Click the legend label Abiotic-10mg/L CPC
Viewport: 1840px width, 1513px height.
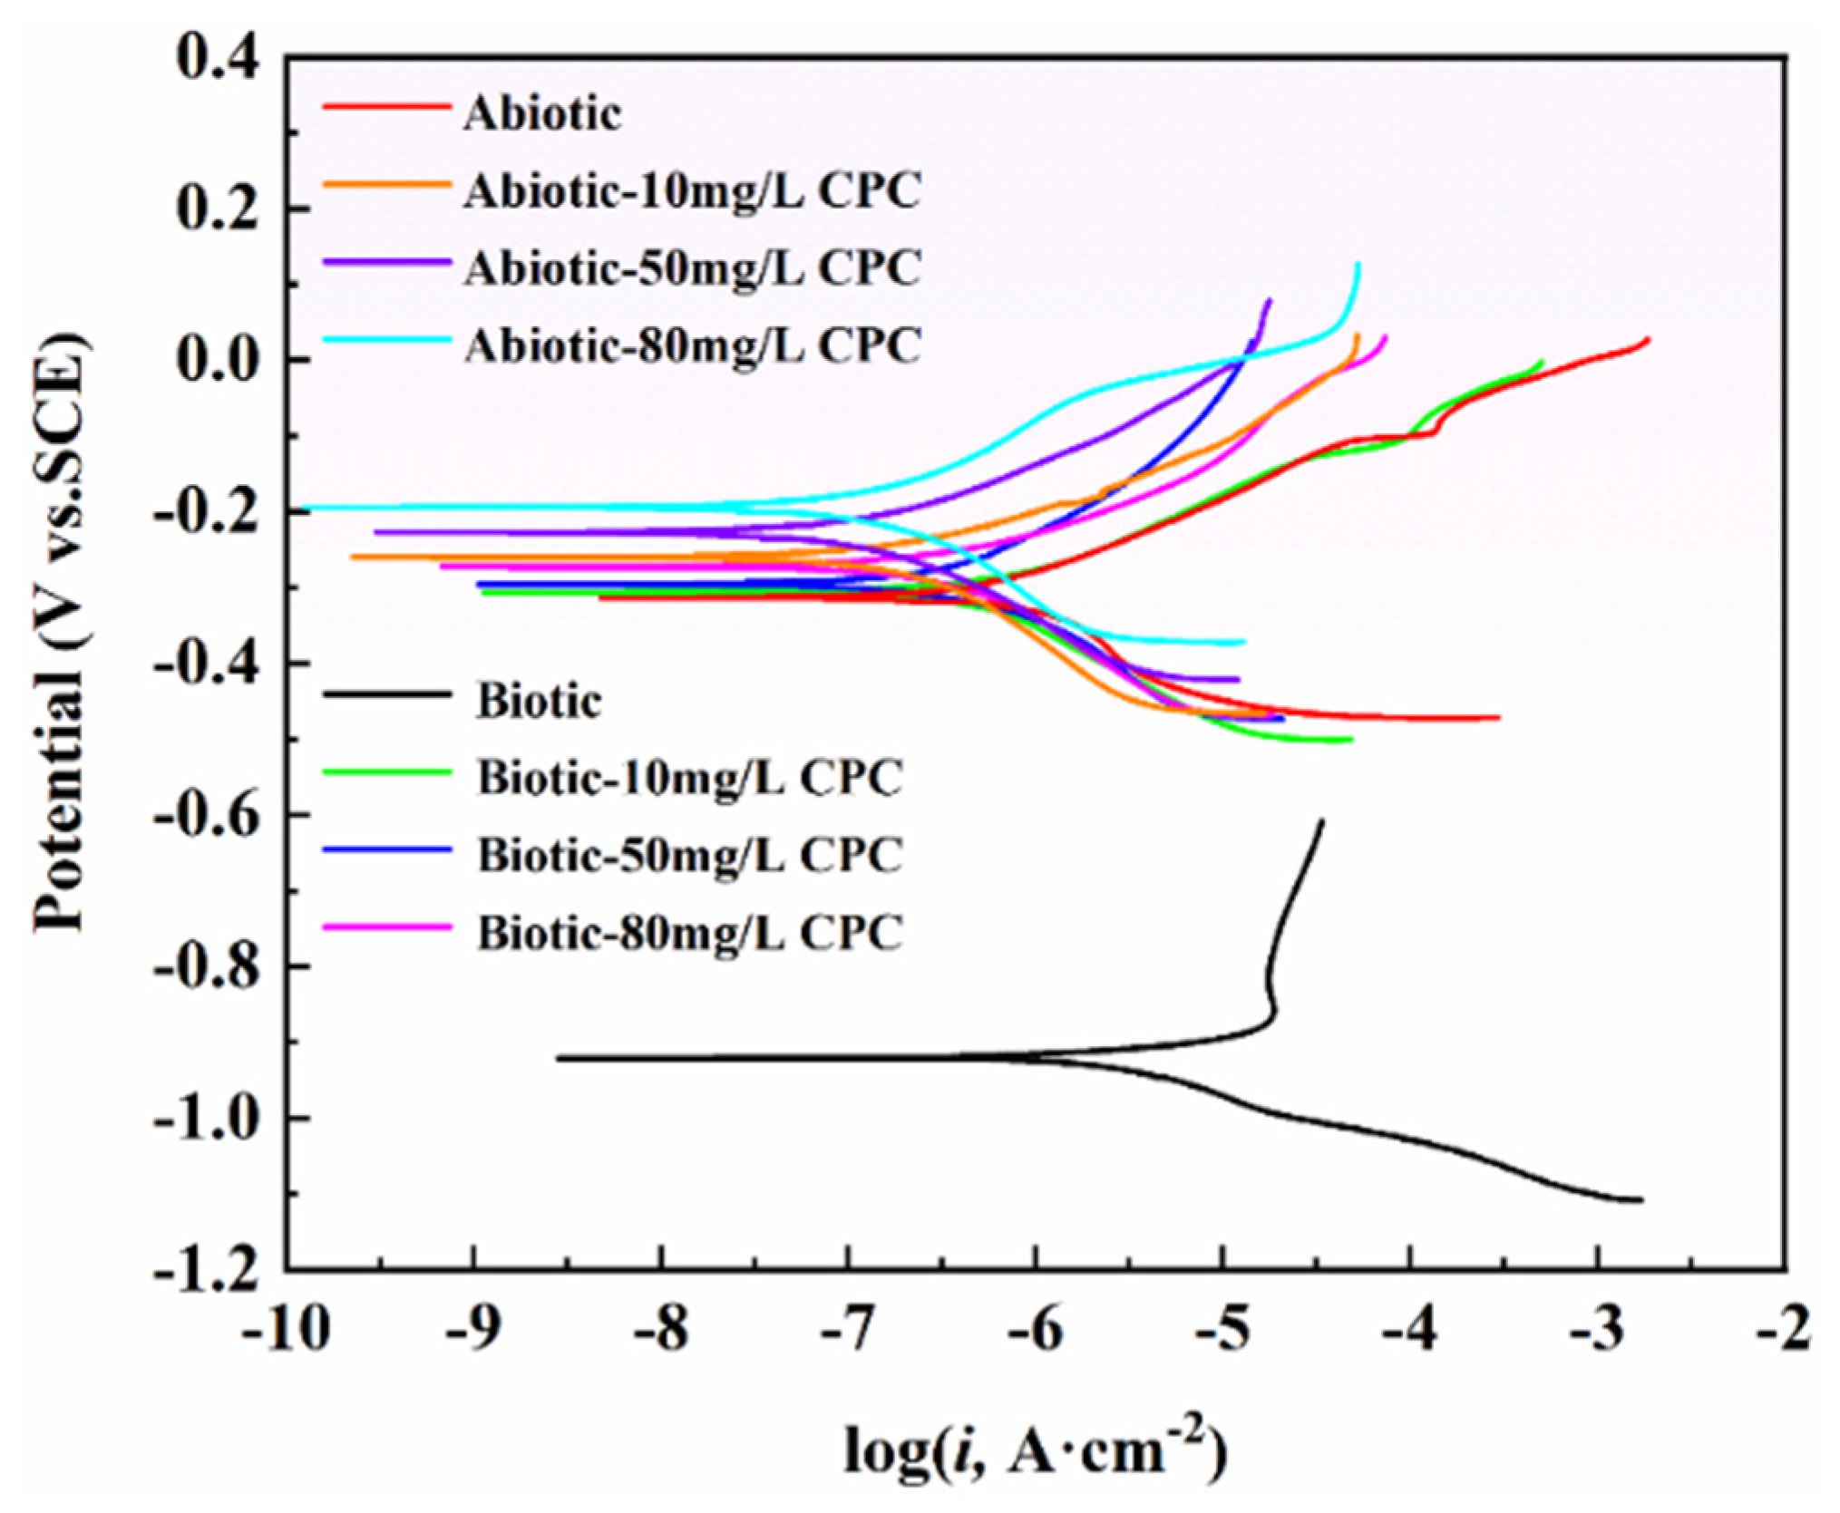pyautogui.click(x=691, y=192)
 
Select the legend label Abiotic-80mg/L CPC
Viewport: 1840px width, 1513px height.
pyautogui.click(x=691, y=345)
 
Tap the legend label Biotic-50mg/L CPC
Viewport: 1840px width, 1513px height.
pyautogui.click(x=689, y=853)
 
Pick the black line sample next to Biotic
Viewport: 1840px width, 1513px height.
pyautogui.click(x=387, y=694)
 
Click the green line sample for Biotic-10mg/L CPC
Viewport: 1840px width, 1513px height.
pyautogui.click(x=387, y=771)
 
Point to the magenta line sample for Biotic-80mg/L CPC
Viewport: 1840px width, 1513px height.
pyautogui.click(x=387, y=926)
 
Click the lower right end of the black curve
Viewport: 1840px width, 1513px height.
pyautogui.click(x=1641, y=1200)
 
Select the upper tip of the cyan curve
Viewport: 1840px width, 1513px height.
pyautogui.click(x=1358, y=264)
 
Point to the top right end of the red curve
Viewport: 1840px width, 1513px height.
pyautogui.click(x=1648, y=339)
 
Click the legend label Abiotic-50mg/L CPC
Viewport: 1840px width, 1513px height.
pyautogui.click(x=691, y=268)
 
